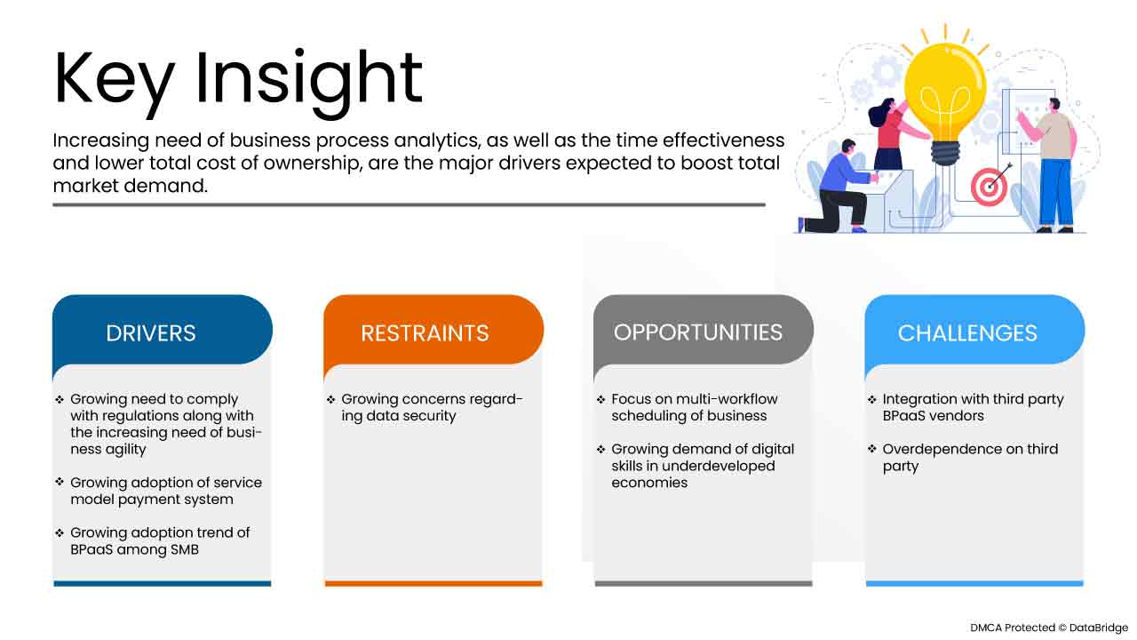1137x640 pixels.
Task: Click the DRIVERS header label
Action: (x=151, y=333)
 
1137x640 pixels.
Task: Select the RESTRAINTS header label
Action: (x=425, y=333)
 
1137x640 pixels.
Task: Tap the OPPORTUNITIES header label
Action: (x=698, y=332)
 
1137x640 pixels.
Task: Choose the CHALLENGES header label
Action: (x=967, y=333)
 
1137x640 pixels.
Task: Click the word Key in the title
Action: (x=115, y=80)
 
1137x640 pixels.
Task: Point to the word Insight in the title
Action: (x=308, y=81)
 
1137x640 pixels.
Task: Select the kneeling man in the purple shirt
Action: (x=838, y=187)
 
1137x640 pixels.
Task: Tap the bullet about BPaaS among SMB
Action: (x=160, y=541)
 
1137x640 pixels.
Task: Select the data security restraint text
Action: (x=432, y=407)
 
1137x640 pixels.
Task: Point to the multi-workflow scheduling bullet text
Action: (x=695, y=407)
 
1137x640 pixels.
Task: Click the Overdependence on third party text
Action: (x=970, y=458)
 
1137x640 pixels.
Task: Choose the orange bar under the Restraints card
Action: (x=433, y=584)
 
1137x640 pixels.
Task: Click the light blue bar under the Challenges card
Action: (x=974, y=584)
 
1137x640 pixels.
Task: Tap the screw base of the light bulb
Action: (x=945, y=152)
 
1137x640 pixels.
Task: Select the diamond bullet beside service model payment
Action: (x=60, y=481)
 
